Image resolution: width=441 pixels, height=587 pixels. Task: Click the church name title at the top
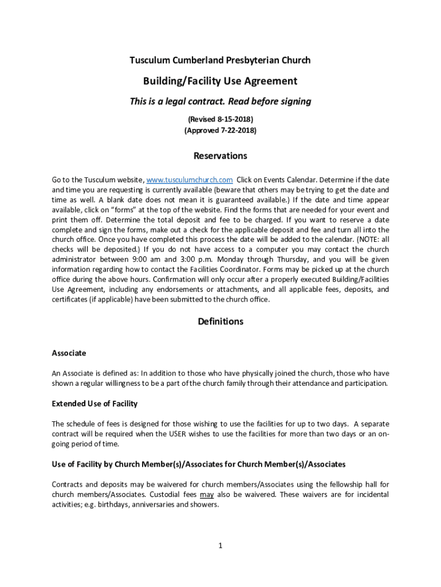point(220,60)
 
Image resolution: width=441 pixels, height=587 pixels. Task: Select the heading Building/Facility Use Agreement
point(220,81)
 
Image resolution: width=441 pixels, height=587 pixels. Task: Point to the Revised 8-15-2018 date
point(220,119)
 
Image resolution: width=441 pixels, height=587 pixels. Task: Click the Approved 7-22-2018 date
point(220,130)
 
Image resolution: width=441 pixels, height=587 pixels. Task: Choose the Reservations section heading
point(220,156)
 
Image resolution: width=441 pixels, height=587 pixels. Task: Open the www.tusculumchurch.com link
point(190,179)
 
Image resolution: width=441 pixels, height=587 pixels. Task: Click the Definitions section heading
point(220,322)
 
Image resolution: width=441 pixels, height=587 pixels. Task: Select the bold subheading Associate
point(69,353)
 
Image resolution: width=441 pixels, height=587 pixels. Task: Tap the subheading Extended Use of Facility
point(94,404)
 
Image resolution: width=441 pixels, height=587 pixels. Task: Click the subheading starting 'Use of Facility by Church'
point(198,464)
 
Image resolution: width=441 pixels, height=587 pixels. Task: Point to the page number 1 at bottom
point(220,545)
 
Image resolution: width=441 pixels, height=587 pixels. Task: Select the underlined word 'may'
point(207,494)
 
